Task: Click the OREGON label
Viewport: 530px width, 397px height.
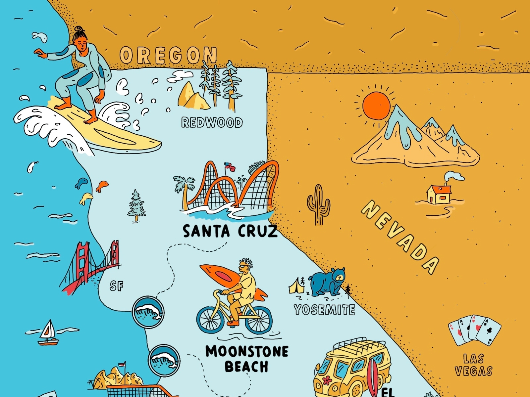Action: pos(168,55)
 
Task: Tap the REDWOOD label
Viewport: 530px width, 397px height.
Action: pos(212,122)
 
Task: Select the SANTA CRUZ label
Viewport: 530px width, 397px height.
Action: pos(230,231)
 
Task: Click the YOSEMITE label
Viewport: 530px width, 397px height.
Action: pos(324,310)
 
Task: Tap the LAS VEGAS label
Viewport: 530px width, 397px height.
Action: pos(473,365)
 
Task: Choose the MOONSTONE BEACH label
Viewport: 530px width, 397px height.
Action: pos(247,359)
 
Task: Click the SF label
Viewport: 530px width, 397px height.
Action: pos(117,286)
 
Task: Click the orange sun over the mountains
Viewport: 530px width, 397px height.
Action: pos(376,105)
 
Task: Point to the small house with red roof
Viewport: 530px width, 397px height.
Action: pos(439,194)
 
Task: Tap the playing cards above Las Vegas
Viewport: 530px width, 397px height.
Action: pos(474,330)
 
